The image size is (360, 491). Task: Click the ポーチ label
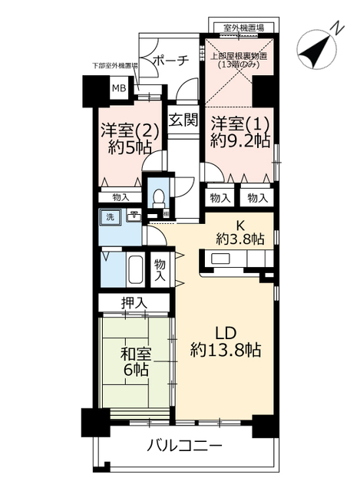click(x=170, y=62)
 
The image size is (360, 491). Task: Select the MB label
click(x=119, y=89)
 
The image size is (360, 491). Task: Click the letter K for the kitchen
click(x=239, y=225)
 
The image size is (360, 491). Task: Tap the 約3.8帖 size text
click(x=239, y=239)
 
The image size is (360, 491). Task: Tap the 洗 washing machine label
click(x=110, y=217)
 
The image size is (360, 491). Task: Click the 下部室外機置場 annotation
click(x=114, y=66)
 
